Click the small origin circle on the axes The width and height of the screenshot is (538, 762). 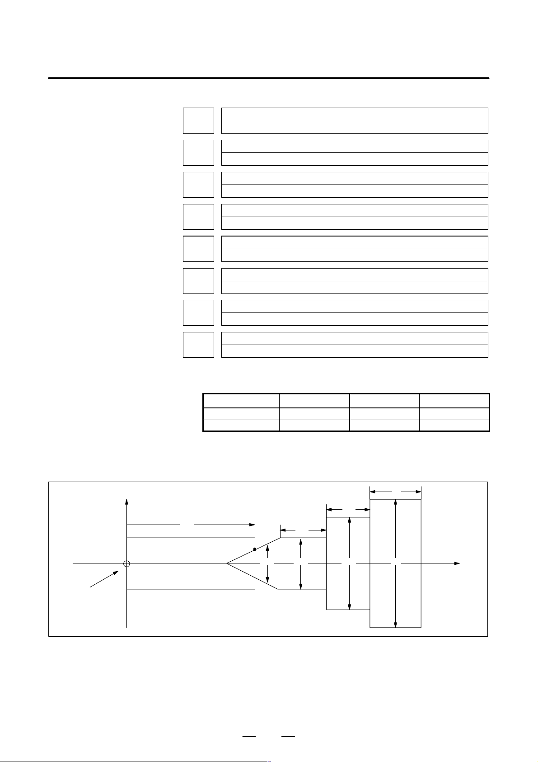(x=126, y=563)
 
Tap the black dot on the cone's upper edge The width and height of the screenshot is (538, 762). (x=255, y=549)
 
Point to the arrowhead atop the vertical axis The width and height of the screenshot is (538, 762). (x=127, y=502)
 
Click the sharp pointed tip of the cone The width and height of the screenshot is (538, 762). (x=227, y=563)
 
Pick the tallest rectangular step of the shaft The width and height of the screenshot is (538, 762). (x=395, y=563)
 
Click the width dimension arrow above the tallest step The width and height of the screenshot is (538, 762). (x=395, y=491)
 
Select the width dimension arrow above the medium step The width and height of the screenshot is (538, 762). (x=348, y=509)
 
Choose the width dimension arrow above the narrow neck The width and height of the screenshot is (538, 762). (x=303, y=530)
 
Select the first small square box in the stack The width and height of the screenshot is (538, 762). (x=198, y=121)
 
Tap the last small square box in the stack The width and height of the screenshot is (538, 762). (x=198, y=345)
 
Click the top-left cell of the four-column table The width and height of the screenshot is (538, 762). (x=241, y=401)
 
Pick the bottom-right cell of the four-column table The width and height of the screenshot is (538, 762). (x=454, y=426)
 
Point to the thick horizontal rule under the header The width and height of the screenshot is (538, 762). (x=268, y=78)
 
